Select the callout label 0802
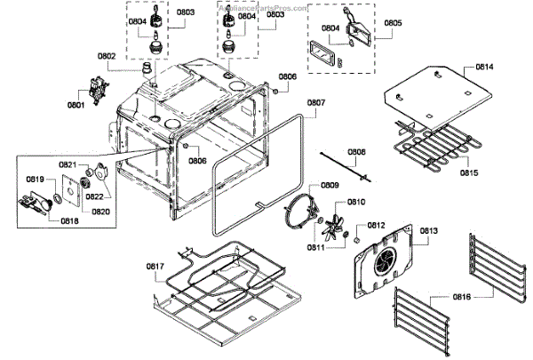(x=106, y=56)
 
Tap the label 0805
(x=393, y=23)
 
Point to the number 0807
(x=316, y=103)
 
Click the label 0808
(x=356, y=152)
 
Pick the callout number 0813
(x=428, y=231)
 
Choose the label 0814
(x=484, y=68)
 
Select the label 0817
(x=155, y=267)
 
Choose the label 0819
(x=35, y=180)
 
